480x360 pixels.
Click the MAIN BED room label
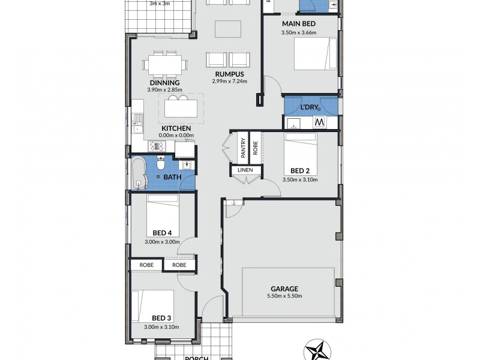click(299, 24)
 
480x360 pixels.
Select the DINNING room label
click(163, 83)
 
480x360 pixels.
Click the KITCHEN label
click(176, 128)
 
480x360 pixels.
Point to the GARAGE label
click(284, 288)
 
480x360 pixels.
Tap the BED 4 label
click(162, 233)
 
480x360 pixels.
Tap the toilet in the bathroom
click(161, 163)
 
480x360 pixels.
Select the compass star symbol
click(319, 350)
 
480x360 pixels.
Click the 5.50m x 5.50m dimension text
click(284, 296)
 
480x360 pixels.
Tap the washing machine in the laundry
click(320, 122)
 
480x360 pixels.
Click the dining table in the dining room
click(164, 63)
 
